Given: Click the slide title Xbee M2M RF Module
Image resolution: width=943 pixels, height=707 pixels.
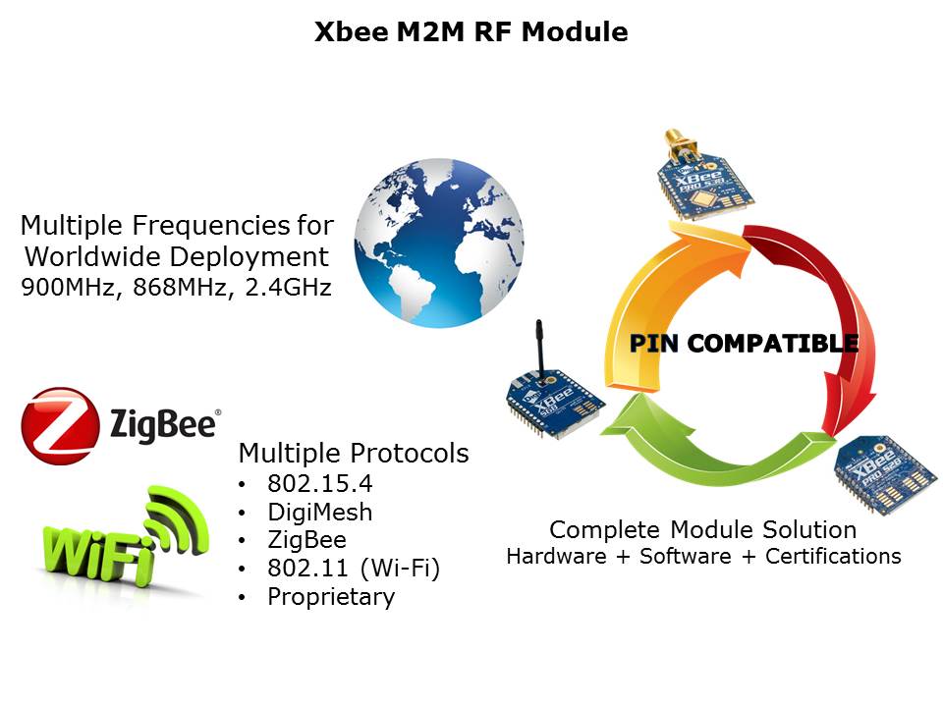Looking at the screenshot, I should (471, 32).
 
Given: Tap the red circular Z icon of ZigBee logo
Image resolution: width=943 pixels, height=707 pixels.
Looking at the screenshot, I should (60, 425).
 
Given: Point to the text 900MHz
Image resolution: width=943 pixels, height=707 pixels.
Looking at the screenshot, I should (62, 290).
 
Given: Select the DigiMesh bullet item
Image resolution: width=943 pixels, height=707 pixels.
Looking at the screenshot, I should (319, 512).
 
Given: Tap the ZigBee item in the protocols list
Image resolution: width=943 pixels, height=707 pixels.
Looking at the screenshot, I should (306, 540).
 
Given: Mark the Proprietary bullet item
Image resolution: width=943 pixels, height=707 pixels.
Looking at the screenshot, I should (331, 597).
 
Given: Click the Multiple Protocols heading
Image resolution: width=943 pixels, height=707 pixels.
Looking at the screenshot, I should (354, 454).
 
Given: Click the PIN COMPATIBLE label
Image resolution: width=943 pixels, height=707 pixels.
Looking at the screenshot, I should (744, 344).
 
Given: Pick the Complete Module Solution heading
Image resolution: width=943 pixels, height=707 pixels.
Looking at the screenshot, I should (703, 530).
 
